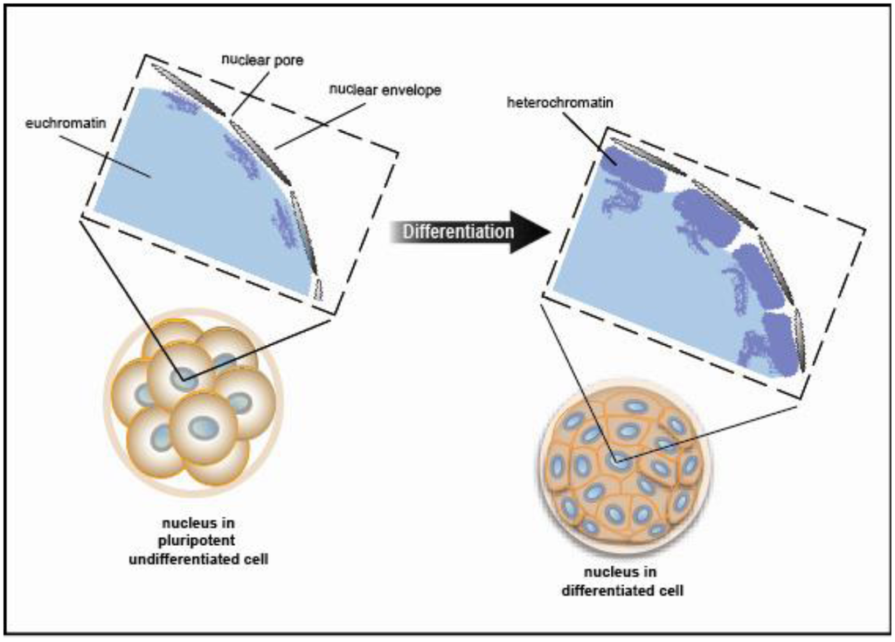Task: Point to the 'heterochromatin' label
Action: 544,102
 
